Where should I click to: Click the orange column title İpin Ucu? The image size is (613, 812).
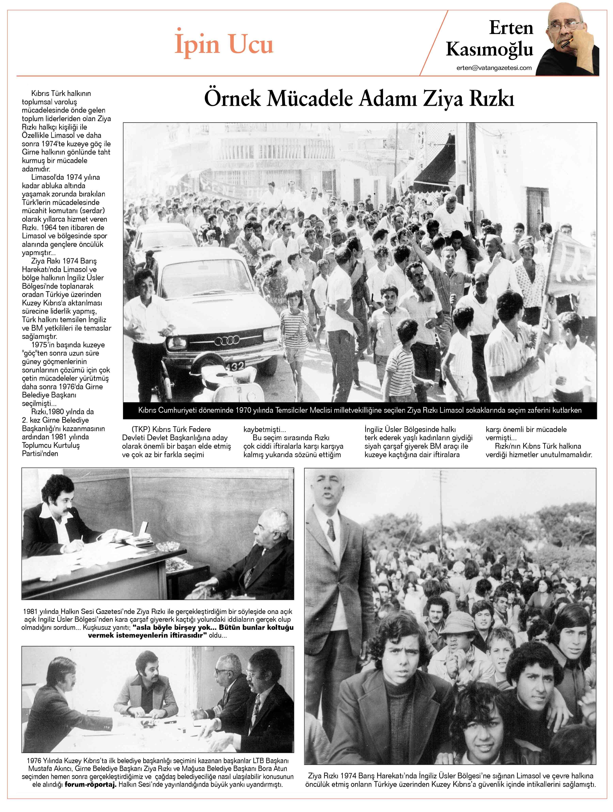point(224,44)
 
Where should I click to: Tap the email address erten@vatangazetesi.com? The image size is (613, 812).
point(494,67)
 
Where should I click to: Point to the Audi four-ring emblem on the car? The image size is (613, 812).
point(227,341)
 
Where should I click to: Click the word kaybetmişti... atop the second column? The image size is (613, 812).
point(264,429)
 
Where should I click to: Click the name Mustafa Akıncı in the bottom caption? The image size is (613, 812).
point(48,768)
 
